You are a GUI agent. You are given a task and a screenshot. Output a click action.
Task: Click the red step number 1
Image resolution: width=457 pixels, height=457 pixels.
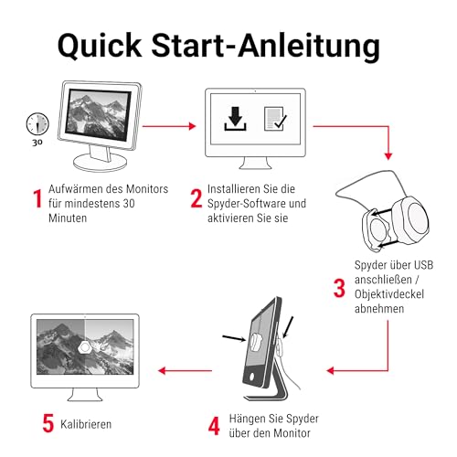coord(37,198)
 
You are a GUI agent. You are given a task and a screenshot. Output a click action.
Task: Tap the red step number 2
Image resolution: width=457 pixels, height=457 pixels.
coord(196,198)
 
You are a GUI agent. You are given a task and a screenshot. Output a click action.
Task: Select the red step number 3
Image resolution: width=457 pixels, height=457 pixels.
coord(339,289)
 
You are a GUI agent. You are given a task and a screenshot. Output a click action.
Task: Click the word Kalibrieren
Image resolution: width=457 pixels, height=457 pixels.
coord(88,425)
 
